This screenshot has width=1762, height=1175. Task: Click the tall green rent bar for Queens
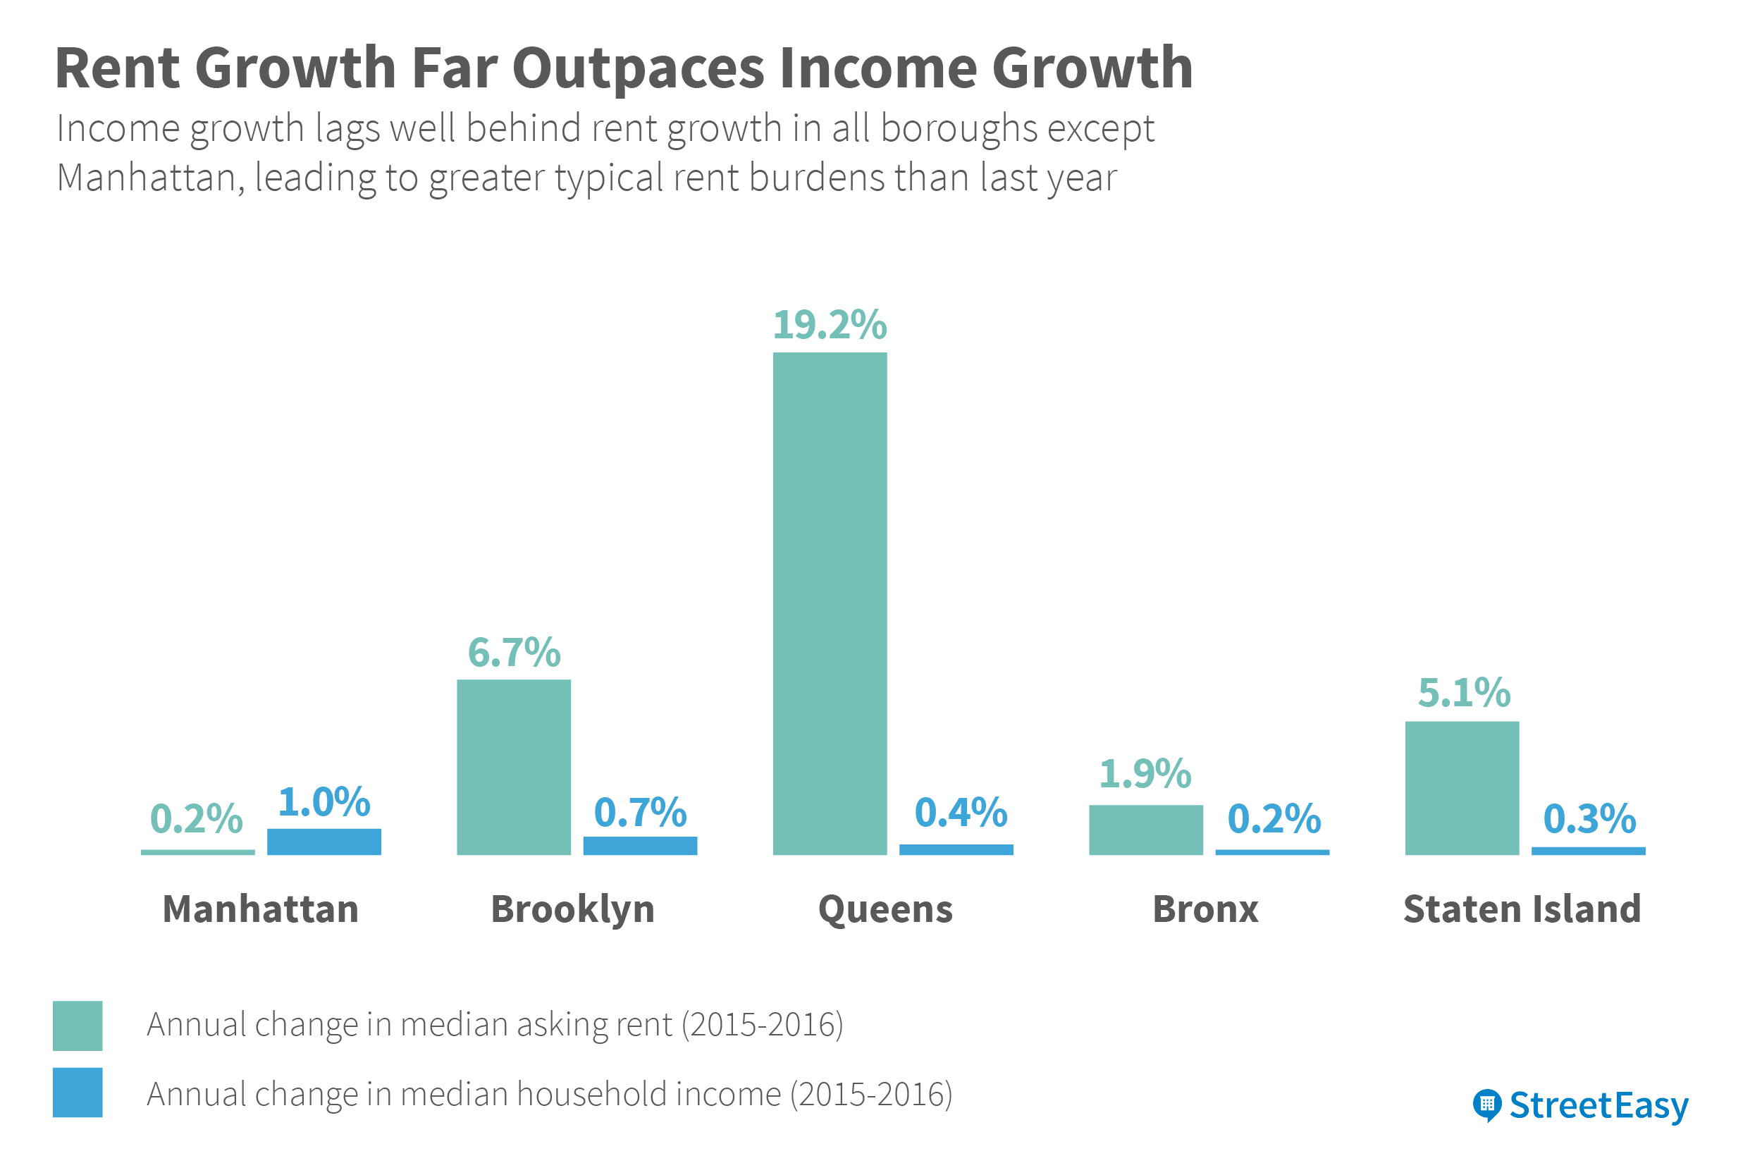point(830,603)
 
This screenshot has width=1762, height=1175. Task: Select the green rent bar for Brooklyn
point(514,767)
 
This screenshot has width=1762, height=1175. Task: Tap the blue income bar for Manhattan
point(324,842)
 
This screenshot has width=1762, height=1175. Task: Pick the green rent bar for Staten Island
point(1462,787)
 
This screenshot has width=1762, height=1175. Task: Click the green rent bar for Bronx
point(1145,830)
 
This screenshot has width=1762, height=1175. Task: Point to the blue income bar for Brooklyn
point(640,845)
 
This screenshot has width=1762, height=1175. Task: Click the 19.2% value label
point(830,325)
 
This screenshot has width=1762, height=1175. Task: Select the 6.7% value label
point(514,652)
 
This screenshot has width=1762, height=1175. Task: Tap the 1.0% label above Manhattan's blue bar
point(324,802)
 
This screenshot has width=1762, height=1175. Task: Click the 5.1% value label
point(1464,692)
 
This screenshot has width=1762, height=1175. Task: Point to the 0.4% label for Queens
point(961,812)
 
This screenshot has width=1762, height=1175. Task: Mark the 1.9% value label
point(1145,773)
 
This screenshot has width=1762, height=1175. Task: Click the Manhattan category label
point(261,909)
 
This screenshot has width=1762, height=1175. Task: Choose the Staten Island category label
point(1522,909)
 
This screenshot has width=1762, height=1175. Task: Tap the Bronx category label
point(1205,909)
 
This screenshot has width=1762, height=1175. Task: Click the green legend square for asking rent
point(77,1025)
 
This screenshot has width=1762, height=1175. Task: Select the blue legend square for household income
point(77,1093)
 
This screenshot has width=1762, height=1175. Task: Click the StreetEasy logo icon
point(1487,1105)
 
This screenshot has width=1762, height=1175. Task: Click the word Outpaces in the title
point(638,68)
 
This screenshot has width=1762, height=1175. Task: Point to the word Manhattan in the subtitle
point(147,178)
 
